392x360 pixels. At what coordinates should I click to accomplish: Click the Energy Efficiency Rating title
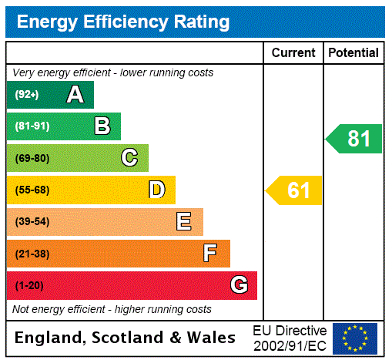123,22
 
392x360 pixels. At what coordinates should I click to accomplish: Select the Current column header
293,53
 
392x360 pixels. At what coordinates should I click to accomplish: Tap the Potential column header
353,53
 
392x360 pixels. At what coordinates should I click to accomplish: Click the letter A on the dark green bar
75,95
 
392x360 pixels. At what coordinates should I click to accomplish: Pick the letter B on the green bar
102,126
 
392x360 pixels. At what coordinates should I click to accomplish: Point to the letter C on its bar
129,158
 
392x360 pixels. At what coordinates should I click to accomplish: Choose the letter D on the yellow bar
156,190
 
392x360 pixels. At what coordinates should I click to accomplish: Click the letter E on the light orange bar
184,222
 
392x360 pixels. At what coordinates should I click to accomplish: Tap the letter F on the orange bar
209,254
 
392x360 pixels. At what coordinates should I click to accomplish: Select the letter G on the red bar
239,285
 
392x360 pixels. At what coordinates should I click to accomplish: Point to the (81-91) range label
32,126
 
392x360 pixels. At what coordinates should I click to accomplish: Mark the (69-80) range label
32,158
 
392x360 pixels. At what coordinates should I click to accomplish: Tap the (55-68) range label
32,190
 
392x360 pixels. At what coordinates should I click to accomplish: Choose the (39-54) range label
32,222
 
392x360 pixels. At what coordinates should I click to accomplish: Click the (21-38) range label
32,254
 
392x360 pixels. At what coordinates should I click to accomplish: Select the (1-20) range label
29,285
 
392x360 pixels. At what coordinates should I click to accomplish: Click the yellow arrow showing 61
295,190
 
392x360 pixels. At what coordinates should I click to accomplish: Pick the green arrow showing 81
354,139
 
